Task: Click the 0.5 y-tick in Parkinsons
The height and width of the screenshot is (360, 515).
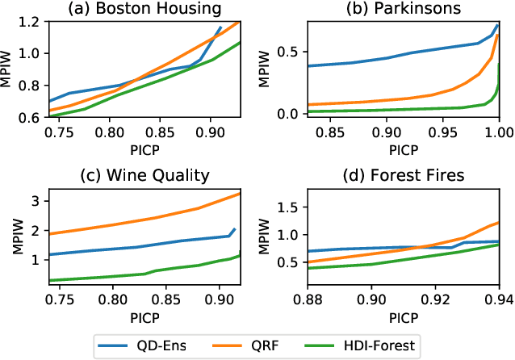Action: tap(291, 52)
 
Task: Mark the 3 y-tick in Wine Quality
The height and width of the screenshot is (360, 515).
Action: tap(40, 199)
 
